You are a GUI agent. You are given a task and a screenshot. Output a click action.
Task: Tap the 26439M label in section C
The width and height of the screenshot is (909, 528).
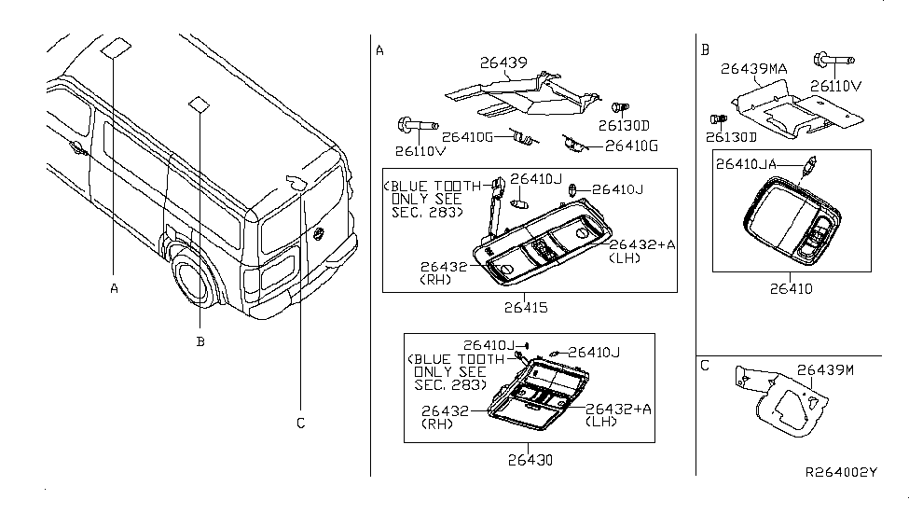coord(828,369)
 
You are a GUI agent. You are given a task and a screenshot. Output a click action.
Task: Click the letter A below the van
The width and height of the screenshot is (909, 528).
coord(114,288)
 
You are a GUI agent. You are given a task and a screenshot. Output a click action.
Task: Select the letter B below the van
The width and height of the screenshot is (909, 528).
coord(200,341)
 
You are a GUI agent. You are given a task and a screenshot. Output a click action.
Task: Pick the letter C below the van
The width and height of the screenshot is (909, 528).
coord(300,423)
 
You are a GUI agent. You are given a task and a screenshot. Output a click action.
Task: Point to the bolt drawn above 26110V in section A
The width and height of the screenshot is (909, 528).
coord(418,124)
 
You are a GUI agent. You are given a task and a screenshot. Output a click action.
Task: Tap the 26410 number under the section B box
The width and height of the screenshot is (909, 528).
coord(791,288)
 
